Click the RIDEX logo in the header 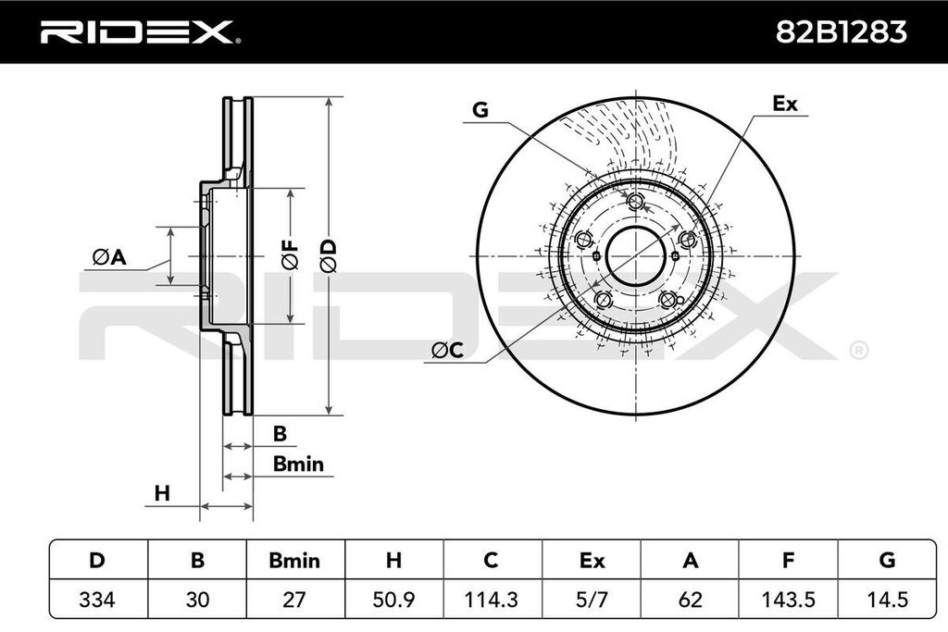pos(139,32)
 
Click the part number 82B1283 pos(840,32)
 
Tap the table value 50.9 pos(393,600)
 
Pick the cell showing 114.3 pos(492,600)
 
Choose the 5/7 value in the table pos(591,600)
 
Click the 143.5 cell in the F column pos(788,600)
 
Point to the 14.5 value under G pos(886,600)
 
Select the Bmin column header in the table pos(294,560)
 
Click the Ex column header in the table pos(591,560)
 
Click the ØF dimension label pos(290,254)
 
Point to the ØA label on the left pos(108,257)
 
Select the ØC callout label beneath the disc pos(447,350)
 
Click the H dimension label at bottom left pos(162,494)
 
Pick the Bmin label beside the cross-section pos(298,465)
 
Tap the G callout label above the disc pos(480,110)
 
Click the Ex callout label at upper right pos(784,105)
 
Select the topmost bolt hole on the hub pos(635,202)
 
